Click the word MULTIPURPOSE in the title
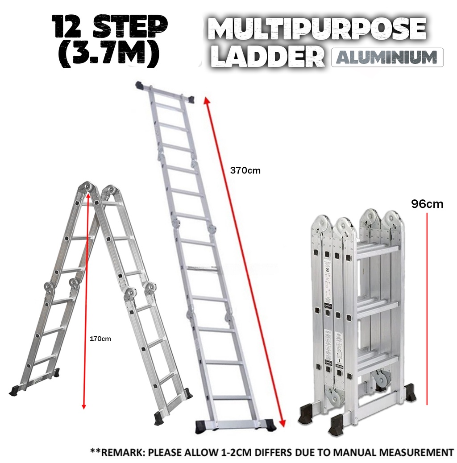[317, 30]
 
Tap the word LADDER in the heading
[268, 57]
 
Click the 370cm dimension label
[245, 170]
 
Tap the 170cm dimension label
[100, 339]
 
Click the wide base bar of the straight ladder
[235, 424]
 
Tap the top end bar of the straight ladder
[165, 91]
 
